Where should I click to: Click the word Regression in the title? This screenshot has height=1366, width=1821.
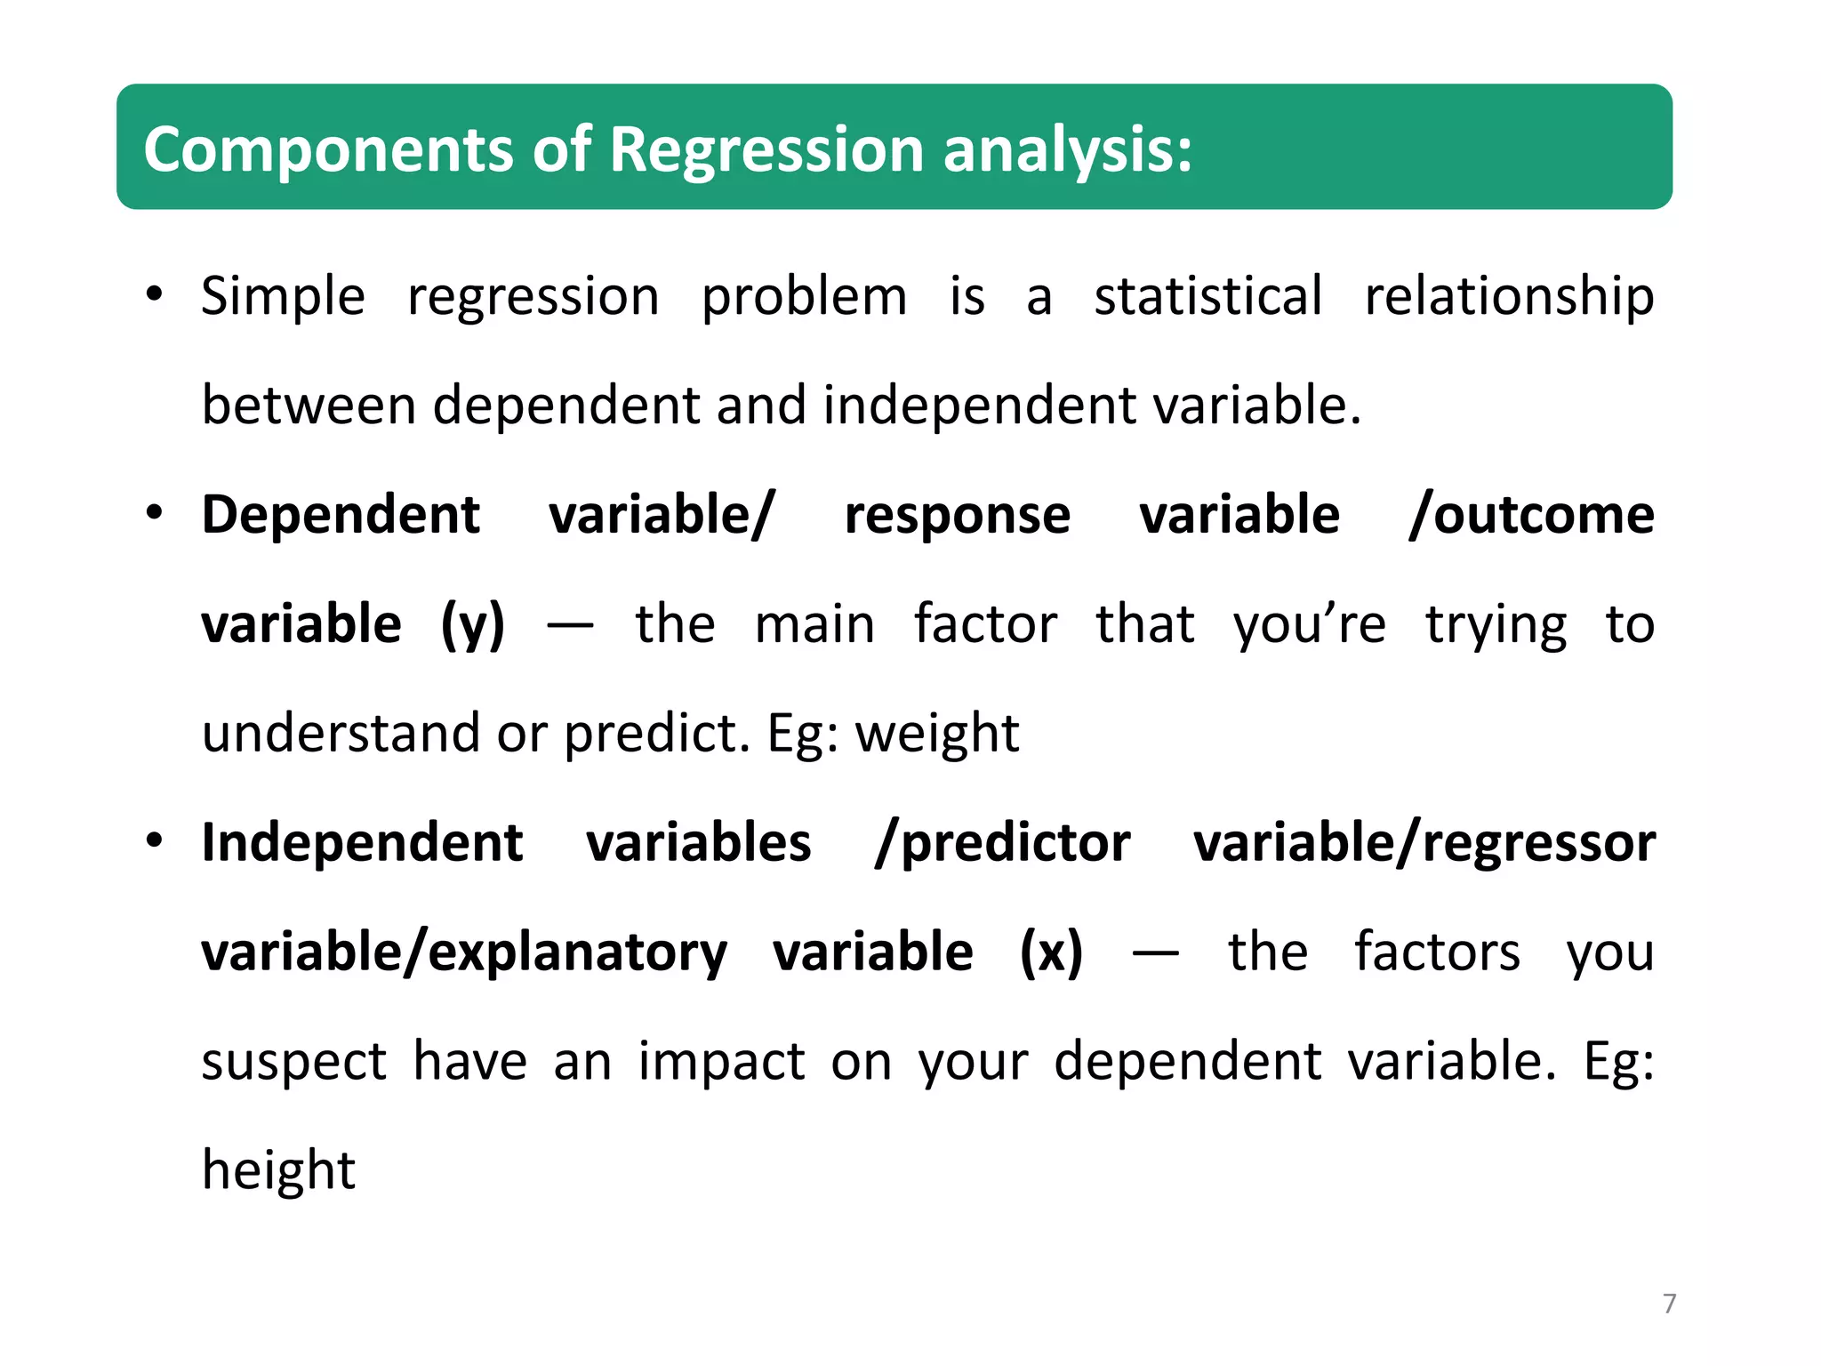pos(766,149)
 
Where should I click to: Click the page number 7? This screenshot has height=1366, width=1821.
pos(1669,1304)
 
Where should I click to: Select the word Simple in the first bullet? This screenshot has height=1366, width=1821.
pos(283,296)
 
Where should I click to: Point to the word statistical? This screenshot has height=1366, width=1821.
pos(1207,296)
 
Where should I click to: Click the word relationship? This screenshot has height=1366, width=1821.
pos(1509,296)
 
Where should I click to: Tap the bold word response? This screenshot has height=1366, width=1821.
pos(957,515)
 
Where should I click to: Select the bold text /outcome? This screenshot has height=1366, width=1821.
pos(1531,515)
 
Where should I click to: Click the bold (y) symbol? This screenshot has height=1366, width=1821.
pos(473,624)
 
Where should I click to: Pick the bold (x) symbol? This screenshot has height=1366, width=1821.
pos(1051,952)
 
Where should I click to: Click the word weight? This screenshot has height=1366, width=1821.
pos(936,734)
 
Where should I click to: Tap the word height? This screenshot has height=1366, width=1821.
pos(278,1169)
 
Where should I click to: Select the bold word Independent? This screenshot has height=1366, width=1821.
pos(362,842)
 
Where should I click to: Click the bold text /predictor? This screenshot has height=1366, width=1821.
pos(1002,842)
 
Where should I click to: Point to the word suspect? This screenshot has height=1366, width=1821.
pos(293,1061)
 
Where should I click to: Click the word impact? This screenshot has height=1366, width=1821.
pos(721,1061)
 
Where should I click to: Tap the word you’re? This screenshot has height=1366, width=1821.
pos(1309,624)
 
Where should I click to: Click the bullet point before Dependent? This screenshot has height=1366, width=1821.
pos(155,513)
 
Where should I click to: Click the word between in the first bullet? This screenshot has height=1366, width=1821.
pos(309,406)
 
